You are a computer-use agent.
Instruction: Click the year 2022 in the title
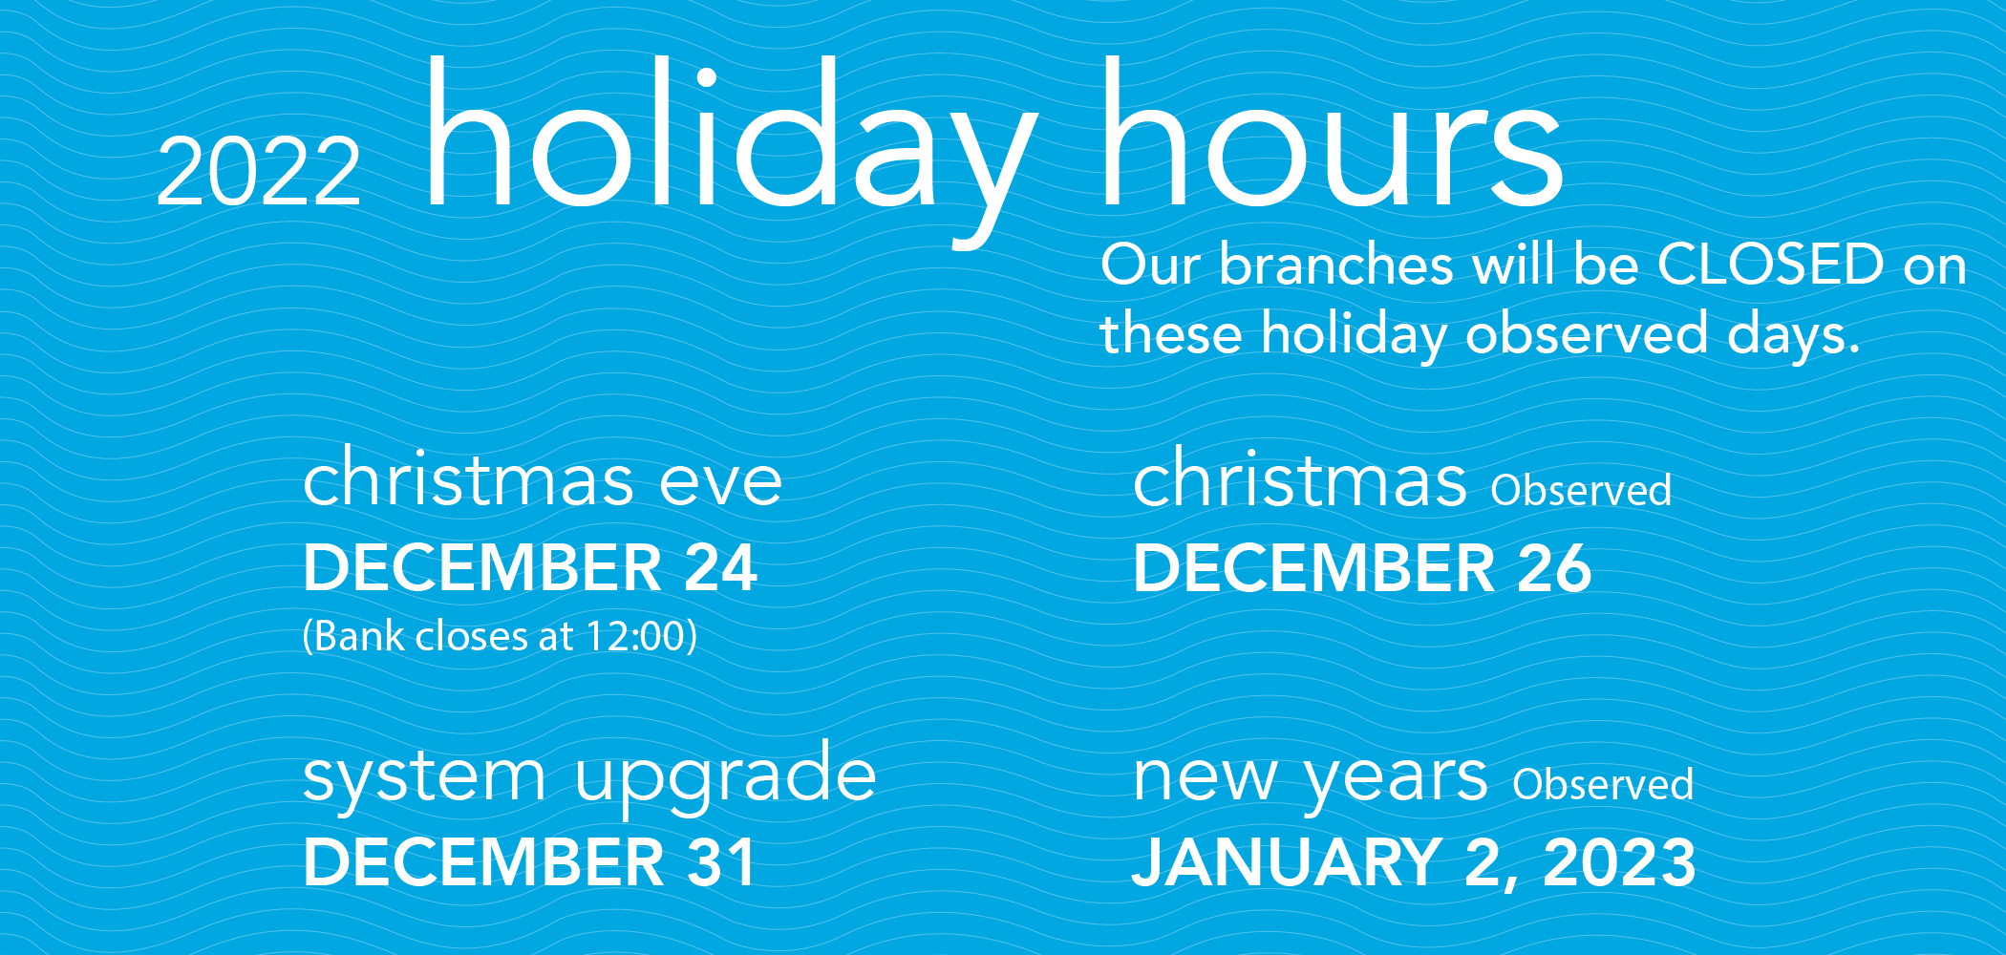click(x=259, y=171)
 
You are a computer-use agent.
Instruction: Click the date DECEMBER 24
click(x=530, y=568)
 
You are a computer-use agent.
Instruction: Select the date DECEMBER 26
click(x=1362, y=568)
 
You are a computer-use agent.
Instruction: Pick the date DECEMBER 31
click(x=529, y=862)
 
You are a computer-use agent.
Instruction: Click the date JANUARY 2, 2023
click(x=1414, y=862)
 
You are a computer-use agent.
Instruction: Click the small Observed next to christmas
click(x=1581, y=490)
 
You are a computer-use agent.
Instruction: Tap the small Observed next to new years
click(x=1603, y=784)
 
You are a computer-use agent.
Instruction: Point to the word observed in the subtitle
click(x=1586, y=334)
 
